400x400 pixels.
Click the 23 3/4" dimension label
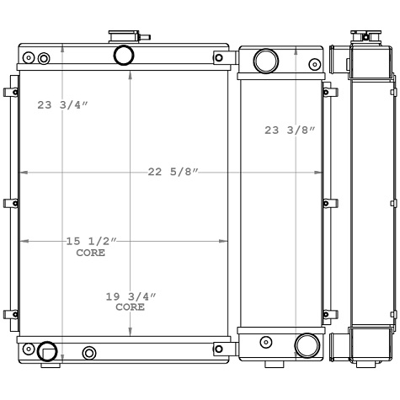(x=63, y=105)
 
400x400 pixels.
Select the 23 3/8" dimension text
(x=290, y=131)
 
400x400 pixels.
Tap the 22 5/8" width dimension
(x=173, y=172)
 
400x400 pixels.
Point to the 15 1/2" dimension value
(x=91, y=241)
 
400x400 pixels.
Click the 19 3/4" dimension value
(x=131, y=296)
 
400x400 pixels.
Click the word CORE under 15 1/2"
(x=91, y=253)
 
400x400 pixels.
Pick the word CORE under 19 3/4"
(x=131, y=307)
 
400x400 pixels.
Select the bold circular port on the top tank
(x=124, y=56)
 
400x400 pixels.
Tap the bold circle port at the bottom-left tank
(x=47, y=351)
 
